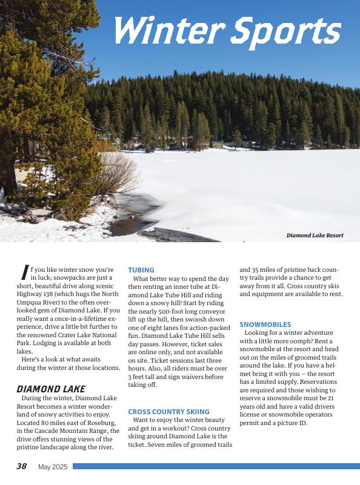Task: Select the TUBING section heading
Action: point(141,270)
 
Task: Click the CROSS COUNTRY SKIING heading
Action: point(169,412)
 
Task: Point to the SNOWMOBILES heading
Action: point(265,325)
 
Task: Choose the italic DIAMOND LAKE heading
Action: point(51,389)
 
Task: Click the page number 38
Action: point(21,466)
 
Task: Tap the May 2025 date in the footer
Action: point(53,467)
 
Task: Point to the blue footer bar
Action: point(216,466)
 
